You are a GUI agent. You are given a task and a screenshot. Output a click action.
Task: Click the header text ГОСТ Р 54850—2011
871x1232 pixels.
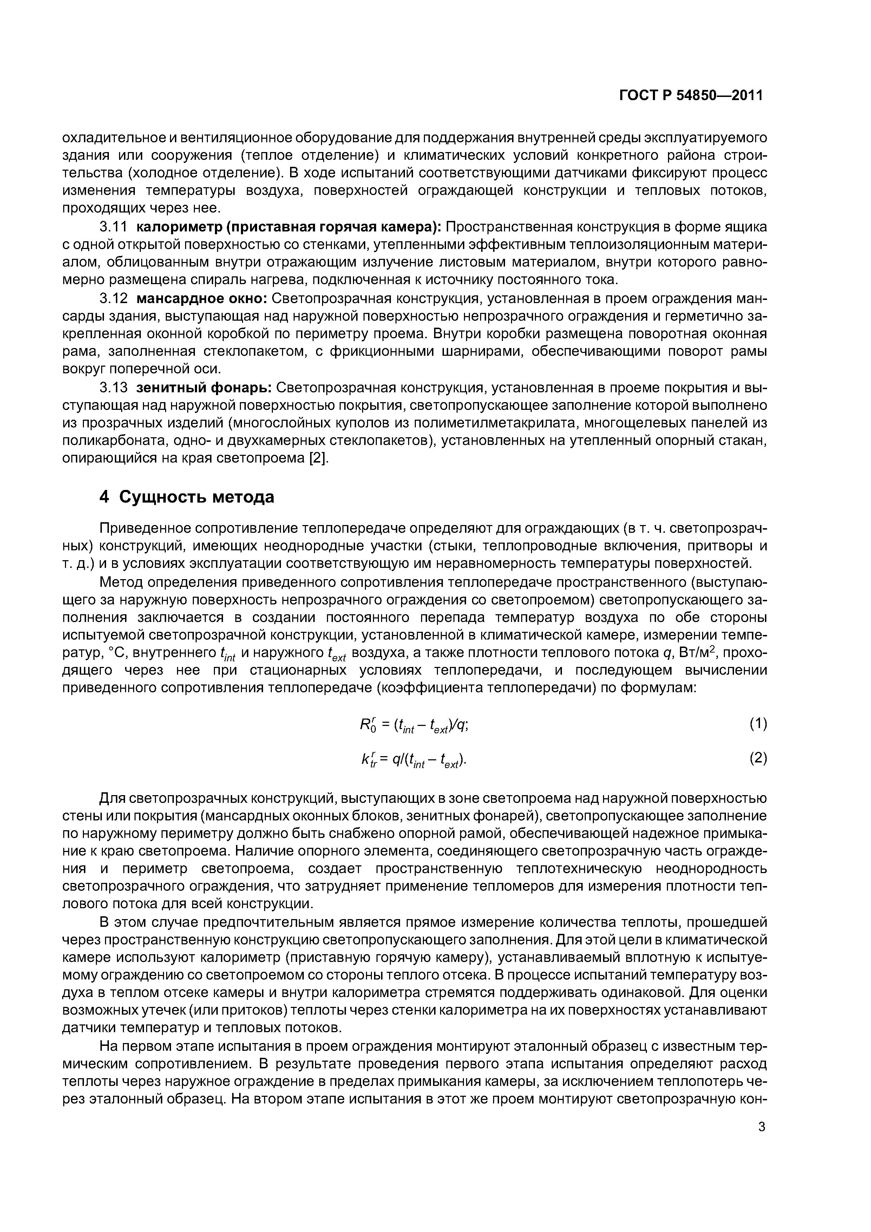[x=691, y=96]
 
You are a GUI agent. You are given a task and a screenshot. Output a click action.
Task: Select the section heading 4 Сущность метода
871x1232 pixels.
[x=187, y=497]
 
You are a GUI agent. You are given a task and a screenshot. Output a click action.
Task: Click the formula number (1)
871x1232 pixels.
[x=758, y=725]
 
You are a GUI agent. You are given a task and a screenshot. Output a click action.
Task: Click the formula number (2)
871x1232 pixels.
[x=758, y=758]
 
